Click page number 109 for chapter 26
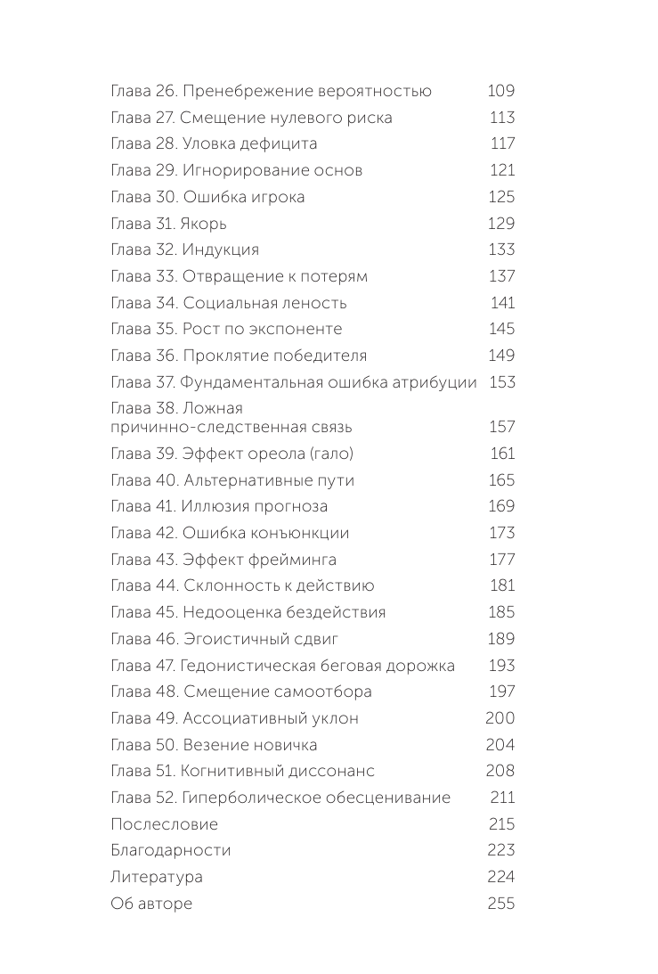(x=501, y=91)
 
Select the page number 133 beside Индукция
(x=501, y=250)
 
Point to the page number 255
(x=501, y=904)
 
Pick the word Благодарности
(x=170, y=851)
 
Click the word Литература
(x=156, y=877)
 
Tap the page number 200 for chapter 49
(x=500, y=718)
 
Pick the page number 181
(x=503, y=586)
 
